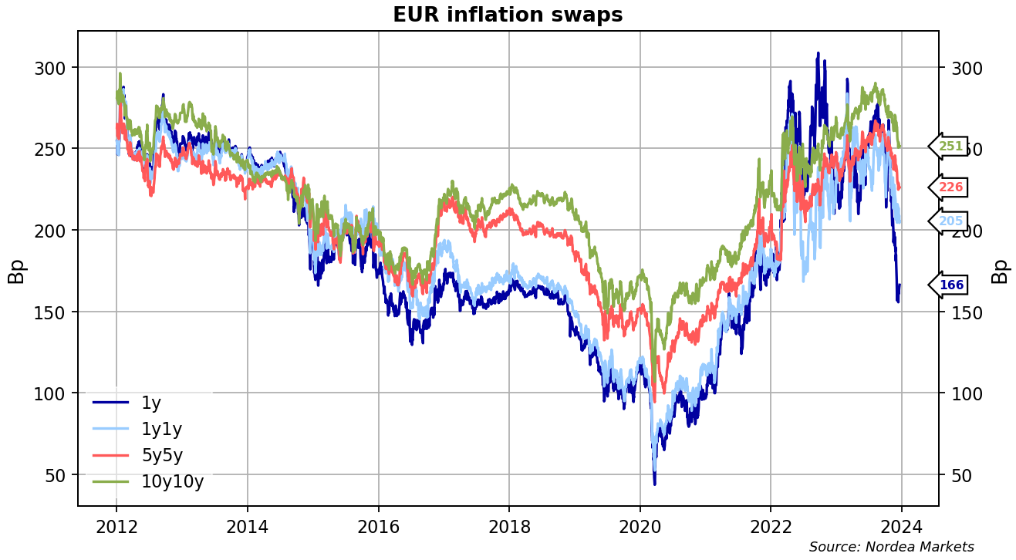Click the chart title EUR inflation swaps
507,15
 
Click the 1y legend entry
151,402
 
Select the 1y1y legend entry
161,429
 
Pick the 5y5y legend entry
162,455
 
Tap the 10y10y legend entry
172,482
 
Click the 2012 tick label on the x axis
116,527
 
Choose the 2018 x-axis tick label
508,527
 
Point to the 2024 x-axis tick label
901,527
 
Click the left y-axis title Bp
16,270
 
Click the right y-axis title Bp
1000,270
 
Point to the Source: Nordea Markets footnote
891,547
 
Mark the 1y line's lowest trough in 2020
654,484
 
